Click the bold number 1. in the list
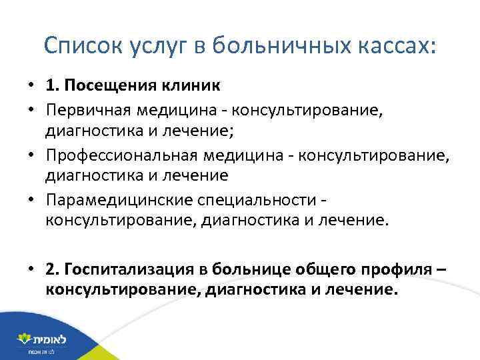[53, 86]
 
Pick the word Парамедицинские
[106, 199]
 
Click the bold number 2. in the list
[53, 268]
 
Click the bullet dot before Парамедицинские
[31, 199]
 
